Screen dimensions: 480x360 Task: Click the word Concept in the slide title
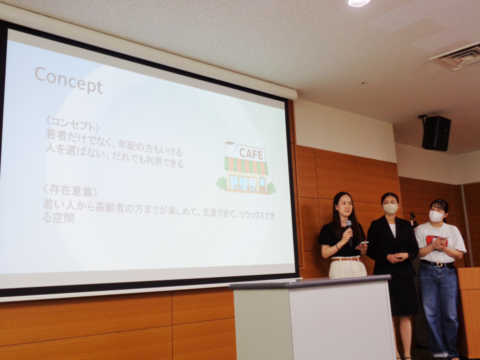68,79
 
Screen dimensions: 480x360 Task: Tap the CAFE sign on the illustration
250,153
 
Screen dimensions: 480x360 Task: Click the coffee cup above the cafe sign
230,146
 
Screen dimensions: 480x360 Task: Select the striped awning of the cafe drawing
246,166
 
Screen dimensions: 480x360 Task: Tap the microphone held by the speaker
349,231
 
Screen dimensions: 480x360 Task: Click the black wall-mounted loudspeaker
436,133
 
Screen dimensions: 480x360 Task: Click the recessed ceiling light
359,3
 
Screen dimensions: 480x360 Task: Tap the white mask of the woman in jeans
436,216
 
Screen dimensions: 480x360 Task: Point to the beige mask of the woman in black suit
390,209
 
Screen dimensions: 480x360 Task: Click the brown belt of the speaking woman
346,259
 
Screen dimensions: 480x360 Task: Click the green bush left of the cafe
222,183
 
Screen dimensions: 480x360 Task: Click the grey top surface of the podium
310,282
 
